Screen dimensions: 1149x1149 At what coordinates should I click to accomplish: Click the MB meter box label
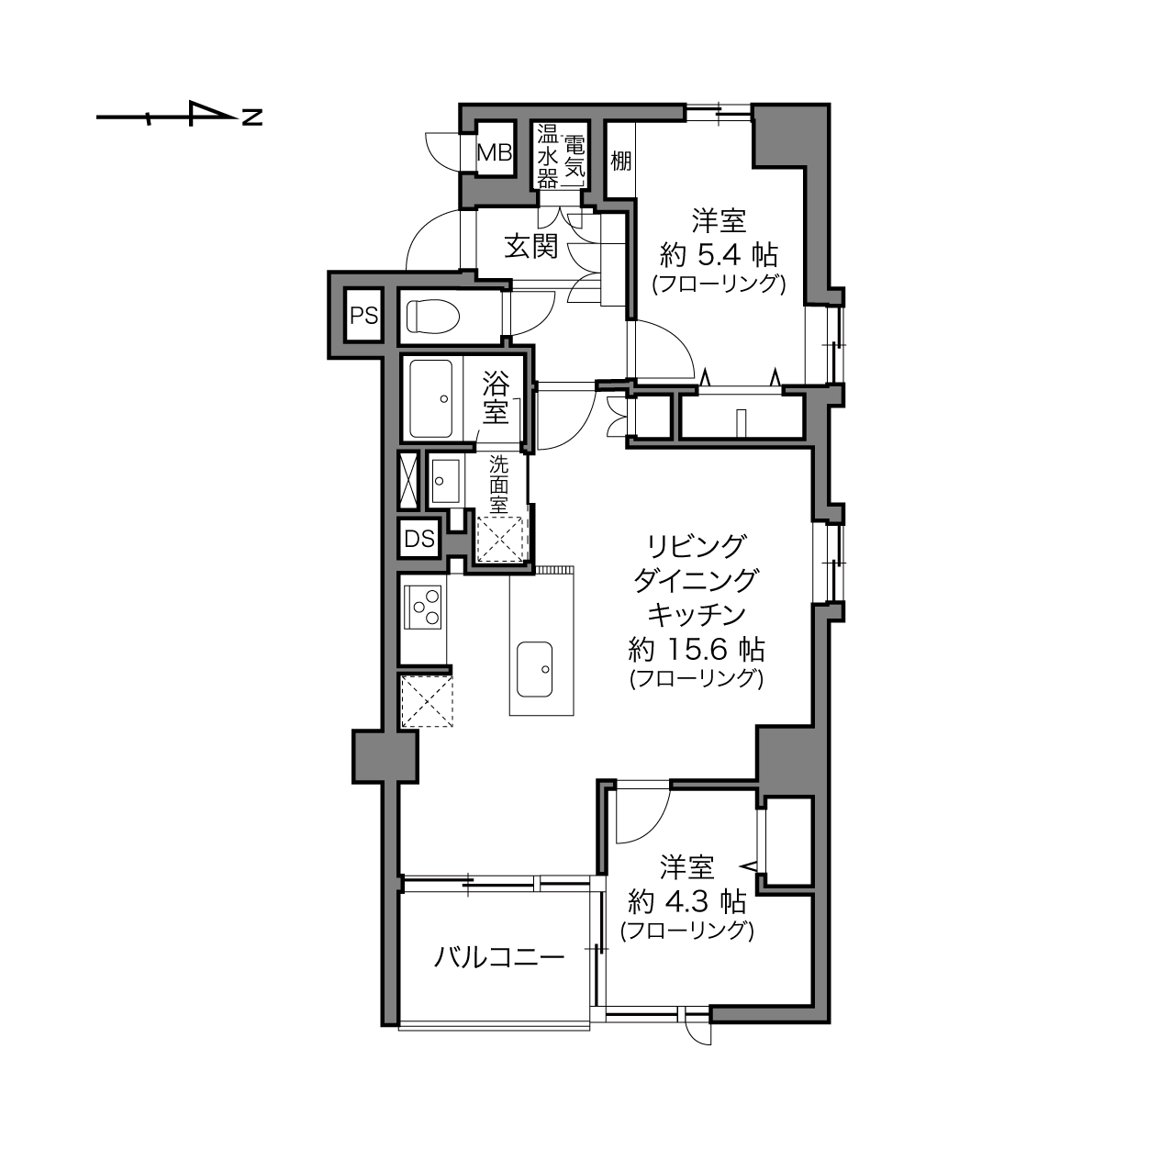click(x=495, y=153)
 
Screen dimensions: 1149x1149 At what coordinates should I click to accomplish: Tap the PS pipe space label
click(x=363, y=316)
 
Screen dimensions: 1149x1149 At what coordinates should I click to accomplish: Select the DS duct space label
click(x=419, y=539)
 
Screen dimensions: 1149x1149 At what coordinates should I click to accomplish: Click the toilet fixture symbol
click(x=433, y=316)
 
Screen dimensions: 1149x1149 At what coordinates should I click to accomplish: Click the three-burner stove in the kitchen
click(x=423, y=607)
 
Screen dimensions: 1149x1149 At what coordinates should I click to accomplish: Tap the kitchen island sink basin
click(x=534, y=669)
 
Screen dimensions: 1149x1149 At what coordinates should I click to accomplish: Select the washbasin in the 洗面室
click(x=445, y=481)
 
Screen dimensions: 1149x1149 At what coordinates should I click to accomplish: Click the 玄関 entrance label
click(x=531, y=246)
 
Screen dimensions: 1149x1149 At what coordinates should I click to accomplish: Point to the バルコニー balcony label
click(x=498, y=957)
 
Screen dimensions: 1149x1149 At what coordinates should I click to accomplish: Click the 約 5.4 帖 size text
click(x=719, y=256)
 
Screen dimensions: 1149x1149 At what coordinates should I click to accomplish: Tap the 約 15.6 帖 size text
click(x=696, y=650)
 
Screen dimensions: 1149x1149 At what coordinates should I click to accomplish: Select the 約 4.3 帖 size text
click(x=686, y=902)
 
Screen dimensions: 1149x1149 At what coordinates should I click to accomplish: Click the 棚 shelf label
click(x=620, y=161)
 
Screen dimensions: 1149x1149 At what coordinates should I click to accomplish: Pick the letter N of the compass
click(x=252, y=117)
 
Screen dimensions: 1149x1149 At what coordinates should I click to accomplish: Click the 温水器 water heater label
click(x=547, y=156)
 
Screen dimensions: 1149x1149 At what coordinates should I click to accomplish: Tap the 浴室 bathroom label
click(x=496, y=397)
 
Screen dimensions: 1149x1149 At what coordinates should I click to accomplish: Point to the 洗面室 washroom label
click(x=498, y=485)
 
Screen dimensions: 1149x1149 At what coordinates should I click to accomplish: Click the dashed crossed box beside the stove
click(x=427, y=701)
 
